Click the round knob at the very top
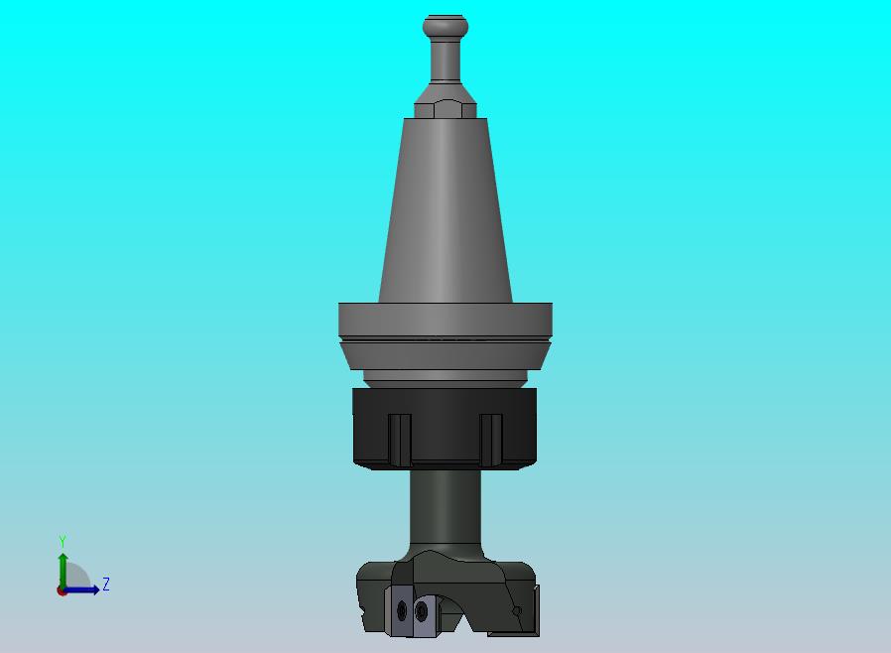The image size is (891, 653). pos(445,26)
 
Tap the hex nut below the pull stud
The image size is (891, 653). pos(445,109)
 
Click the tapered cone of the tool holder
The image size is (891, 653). pos(445,210)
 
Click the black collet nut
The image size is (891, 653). pos(445,429)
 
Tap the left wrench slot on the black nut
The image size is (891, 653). pos(400,440)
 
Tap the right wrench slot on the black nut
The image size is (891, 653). pos(491,440)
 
